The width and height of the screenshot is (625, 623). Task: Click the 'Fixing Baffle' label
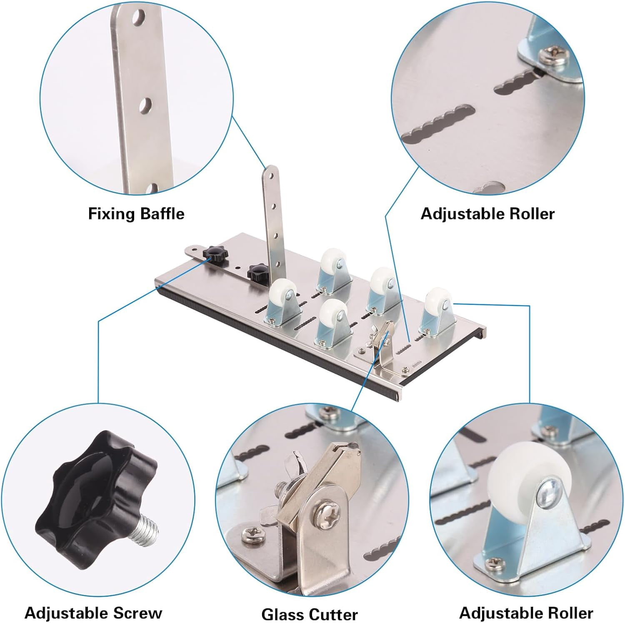(x=136, y=214)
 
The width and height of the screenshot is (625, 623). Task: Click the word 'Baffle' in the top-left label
(x=162, y=214)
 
